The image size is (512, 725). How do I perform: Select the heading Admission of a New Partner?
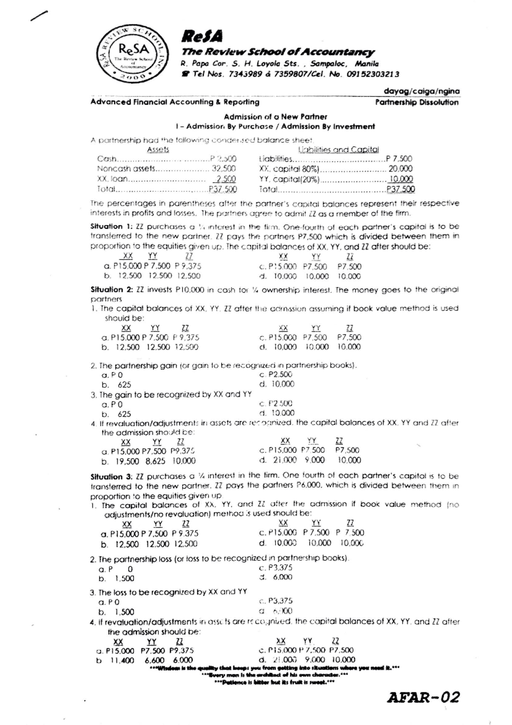(275, 117)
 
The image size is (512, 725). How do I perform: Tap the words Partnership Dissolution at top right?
(416, 102)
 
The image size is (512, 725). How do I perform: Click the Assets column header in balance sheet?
(158, 149)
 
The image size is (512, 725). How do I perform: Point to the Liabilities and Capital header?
(338, 149)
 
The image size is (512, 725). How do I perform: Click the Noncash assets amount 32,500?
(224, 169)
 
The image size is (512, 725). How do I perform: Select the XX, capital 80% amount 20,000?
(400, 169)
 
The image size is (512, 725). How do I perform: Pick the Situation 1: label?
(106, 226)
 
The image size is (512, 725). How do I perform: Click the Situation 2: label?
(106, 289)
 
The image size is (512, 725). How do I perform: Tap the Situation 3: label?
(106, 476)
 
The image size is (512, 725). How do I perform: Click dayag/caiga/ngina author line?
(422, 91)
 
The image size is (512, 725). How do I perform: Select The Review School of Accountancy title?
(278, 52)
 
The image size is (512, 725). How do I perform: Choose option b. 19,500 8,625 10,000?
(148, 461)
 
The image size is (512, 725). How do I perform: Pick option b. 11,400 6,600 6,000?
(145, 660)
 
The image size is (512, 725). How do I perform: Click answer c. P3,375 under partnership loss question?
(276, 568)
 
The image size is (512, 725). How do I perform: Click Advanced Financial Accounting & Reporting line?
(175, 102)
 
